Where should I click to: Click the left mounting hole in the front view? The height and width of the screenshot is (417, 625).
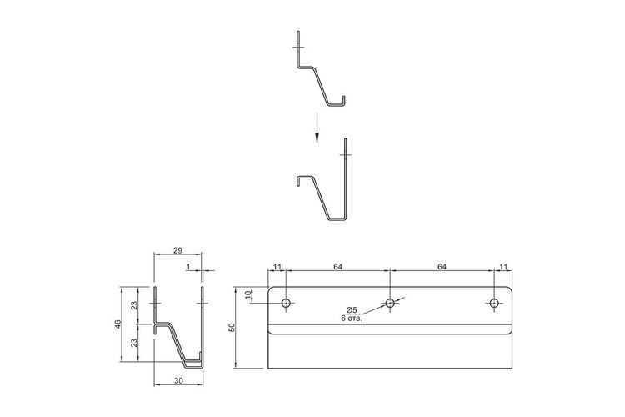pyautogui.click(x=286, y=304)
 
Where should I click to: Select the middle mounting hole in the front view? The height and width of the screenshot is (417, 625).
pyautogui.click(x=390, y=304)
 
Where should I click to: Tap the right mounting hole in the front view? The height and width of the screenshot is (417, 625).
pyautogui.click(x=494, y=304)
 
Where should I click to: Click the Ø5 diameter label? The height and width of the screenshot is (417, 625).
pyautogui.click(x=352, y=310)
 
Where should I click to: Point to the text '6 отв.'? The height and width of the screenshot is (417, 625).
pyautogui.click(x=352, y=319)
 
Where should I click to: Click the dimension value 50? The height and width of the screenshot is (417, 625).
pyautogui.click(x=233, y=327)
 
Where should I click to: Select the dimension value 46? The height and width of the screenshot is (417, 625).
pyautogui.click(x=117, y=324)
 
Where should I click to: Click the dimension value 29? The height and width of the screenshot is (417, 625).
pyautogui.click(x=177, y=250)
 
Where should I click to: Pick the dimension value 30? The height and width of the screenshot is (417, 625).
pyautogui.click(x=178, y=381)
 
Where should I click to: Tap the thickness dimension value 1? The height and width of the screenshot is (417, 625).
pyautogui.click(x=188, y=267)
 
